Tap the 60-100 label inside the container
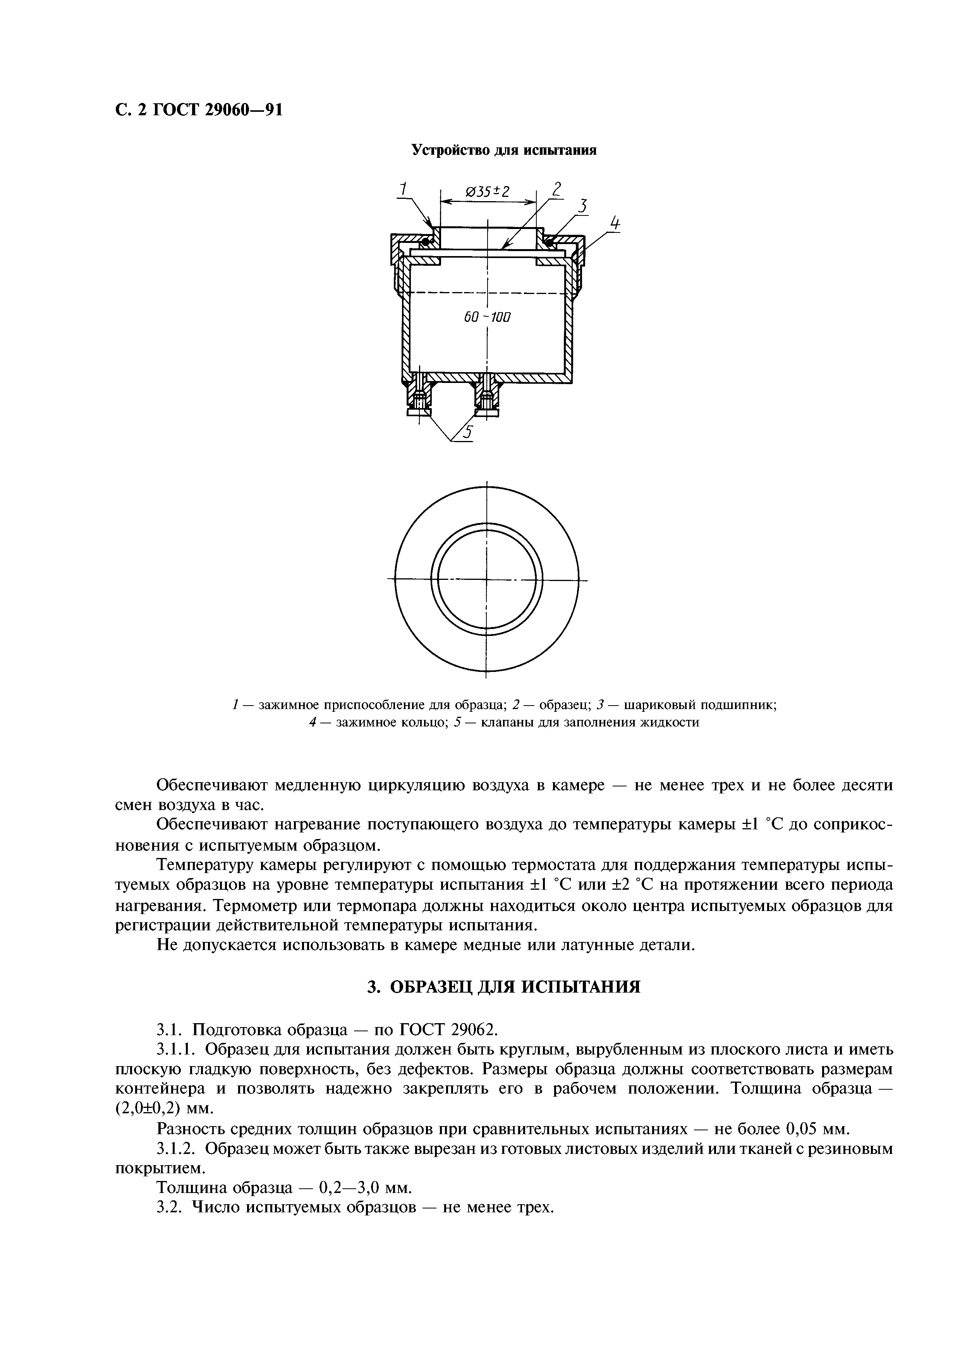(x=487, y=317)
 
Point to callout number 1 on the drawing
(x=403, y=190)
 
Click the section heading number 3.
(x=373, y=987)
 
